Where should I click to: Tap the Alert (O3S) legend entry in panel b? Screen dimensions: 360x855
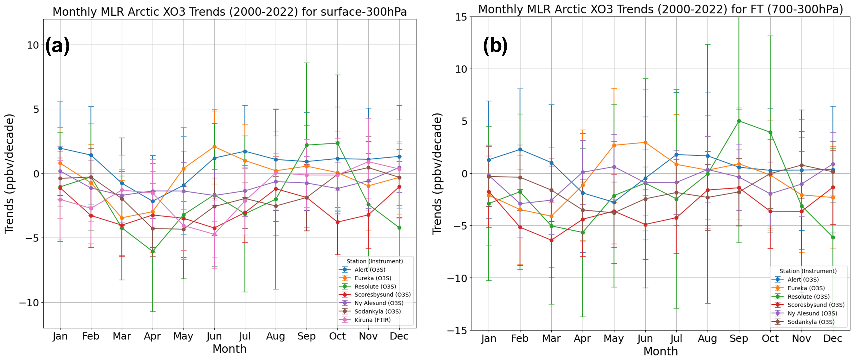tap(803, 280)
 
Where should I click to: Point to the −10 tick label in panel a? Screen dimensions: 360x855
tap(29, 302)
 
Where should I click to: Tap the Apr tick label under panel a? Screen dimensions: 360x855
tap(152, 336)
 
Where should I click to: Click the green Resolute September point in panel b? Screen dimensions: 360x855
tap(739, 121)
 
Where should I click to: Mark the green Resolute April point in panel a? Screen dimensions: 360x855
tap(153, 251)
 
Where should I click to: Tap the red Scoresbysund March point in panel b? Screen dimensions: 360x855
tap(551, 240)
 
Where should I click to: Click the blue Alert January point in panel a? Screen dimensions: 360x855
tap(60, 148)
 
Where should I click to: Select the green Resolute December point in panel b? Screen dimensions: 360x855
tap(833, 237)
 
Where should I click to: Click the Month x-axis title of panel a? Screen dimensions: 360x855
tap(229, 349)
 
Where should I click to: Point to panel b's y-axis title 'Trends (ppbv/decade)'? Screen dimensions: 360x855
tap(437, 174)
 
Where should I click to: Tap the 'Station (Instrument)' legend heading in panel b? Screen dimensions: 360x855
tap(808, 271)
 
